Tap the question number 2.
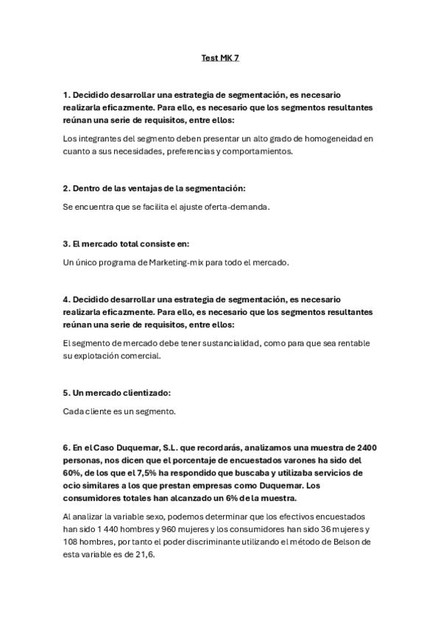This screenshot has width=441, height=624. tap(66, 190)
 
